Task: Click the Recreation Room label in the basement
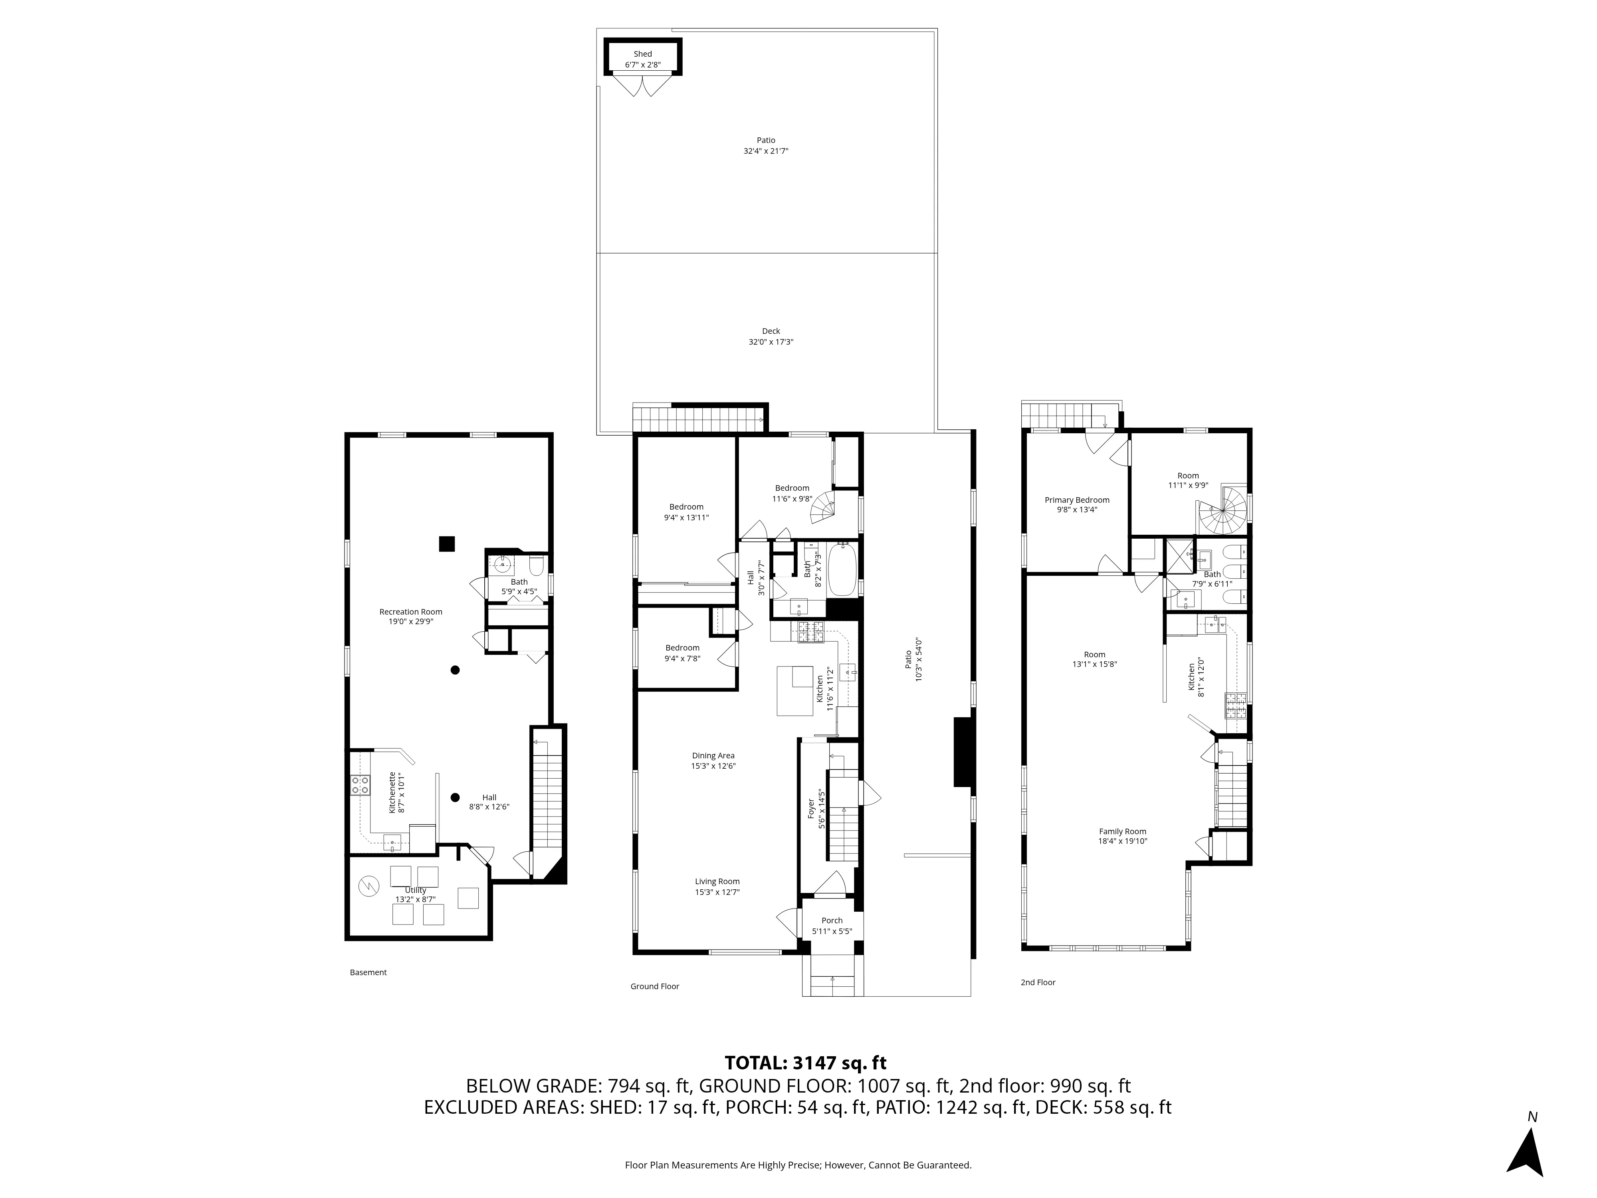[x=411, y=612]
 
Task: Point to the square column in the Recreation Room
[x=447, y=544]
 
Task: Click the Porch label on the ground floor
[x=832, y=921]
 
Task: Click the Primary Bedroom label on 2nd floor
[x=1076, y=500]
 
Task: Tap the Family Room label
[x=1123, y=831]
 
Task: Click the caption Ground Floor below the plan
[x=654, y=986]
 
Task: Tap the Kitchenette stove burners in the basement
[x=360, y=785]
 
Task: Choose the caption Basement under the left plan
[x=368, y=973]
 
